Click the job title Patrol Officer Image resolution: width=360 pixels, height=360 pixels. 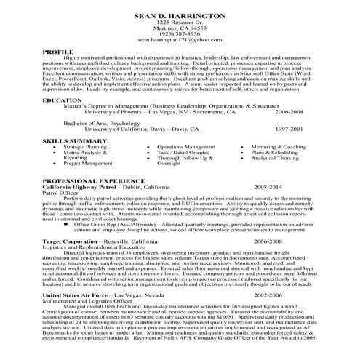[x=61, y=193]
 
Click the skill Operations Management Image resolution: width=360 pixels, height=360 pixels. [x=186, y=146]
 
